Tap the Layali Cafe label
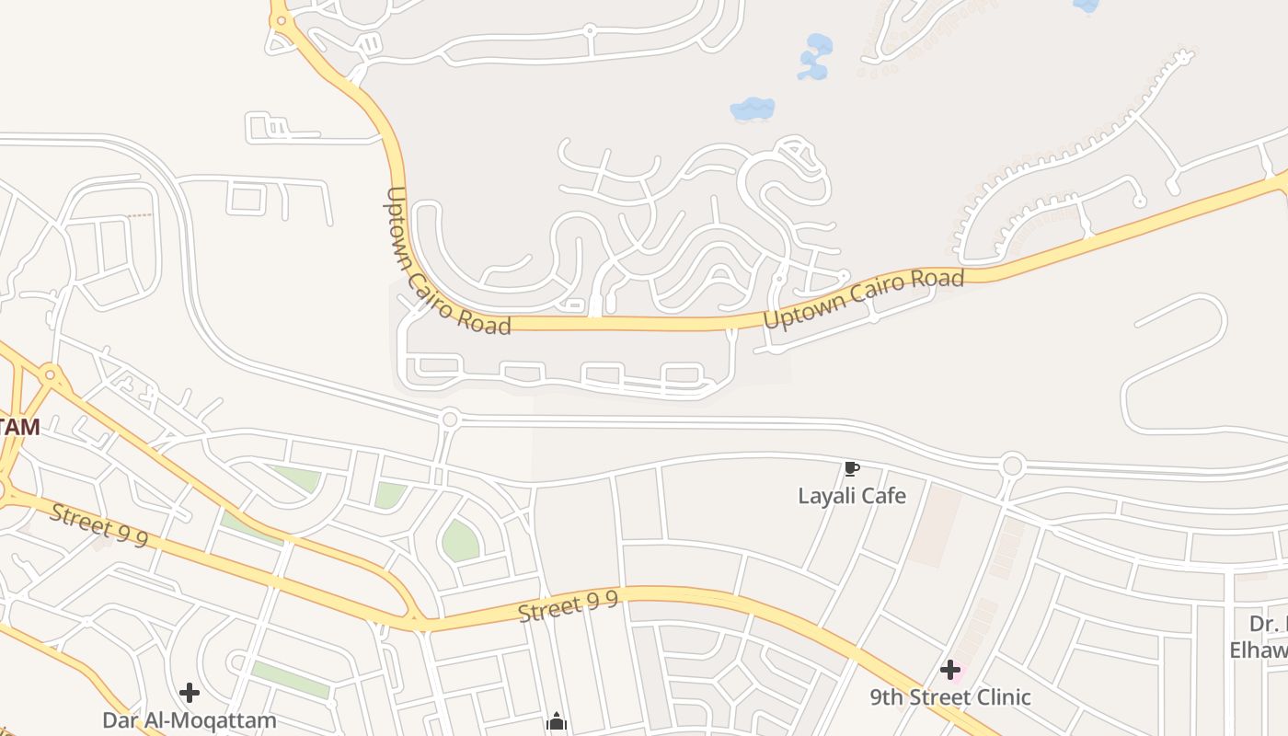pyautogui.click(x=851, y=496)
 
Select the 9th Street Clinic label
pyautogui.click(x=950, y=696)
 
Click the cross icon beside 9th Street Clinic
pyautogui.click(x=950, y=670)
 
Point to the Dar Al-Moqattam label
pyautogui.click(x=189, y=719)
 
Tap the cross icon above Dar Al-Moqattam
pyautogui.click(x=190, y=692)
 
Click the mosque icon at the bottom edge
pyautogui.click(x=556, y=722)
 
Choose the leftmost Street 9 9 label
pyautogui.click(x=98, y=525)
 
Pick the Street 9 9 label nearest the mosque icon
pyautogui.click(x=567, y=607)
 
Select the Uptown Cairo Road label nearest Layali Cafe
pyautogui.click(x=863, y=299)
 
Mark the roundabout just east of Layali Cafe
pyautogui.click(x=1013, y=466)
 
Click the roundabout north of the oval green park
pyautogui.click(x=450, y=419)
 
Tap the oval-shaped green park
pyautogui.click(x=460, y=540)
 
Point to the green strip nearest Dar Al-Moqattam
pyautogui.click(x=289, y=679)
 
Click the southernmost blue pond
pyautogui.click(x=752, y=109)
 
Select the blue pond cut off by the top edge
pyautogui.click(x=1087, y=6)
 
